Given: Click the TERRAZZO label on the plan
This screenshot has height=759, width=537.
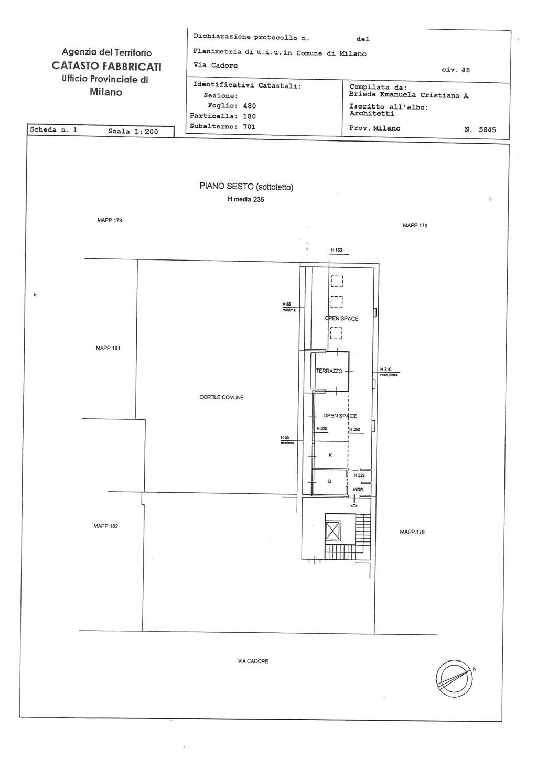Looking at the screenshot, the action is click(x=329, y=371).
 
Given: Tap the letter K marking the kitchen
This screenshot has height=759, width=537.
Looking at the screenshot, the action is click(x=330, y=455).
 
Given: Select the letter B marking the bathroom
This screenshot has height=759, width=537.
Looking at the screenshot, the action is click(x=329, y=481).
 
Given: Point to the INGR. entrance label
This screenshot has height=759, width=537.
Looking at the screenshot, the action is click(x=358, y=490).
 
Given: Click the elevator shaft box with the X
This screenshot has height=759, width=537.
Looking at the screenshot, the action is click(x=332, y=530).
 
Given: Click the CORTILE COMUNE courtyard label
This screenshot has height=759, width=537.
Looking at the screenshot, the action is click(x=221, y=397).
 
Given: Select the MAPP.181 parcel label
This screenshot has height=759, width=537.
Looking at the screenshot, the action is click(x=108, y=348).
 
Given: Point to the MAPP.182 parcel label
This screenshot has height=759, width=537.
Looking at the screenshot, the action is click(x=106, y=526).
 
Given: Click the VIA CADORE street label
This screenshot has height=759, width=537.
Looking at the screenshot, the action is click(x=253, y=661).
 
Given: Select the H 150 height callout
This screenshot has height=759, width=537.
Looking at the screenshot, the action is click(x=337, y=250).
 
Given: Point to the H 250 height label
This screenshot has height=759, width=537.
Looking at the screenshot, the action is click(x=355, y=430).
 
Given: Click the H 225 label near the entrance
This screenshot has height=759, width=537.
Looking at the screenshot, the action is click(x=359, y=475).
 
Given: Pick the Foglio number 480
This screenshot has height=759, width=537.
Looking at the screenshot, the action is click(x=250, y=106).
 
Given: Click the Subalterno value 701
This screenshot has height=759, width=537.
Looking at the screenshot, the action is click(x=249, y=127).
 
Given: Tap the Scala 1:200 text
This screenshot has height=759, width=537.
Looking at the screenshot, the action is click(x=133, y=132).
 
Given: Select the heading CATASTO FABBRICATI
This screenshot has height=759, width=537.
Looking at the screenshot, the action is click(x=106, y=66).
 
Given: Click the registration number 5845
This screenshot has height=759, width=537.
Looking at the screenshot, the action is click(x=487, y=129).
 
